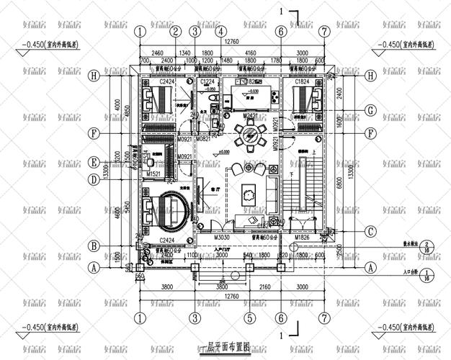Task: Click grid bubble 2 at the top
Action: click(x=175, y=32)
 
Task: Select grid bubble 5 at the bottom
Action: click(x=249, y=318)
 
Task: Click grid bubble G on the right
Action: click(x=370, y=110)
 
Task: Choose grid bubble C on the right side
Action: click(x=370, y=231)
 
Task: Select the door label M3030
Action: click(x=223, y=236)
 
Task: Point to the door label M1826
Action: click(x=301, y=236)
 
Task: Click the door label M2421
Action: click(x=250, y=115)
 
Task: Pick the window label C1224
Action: click(x=207, y=84)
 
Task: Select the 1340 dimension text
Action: click(x=184, y=53)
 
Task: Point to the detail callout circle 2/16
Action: click(x=427, y=248)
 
